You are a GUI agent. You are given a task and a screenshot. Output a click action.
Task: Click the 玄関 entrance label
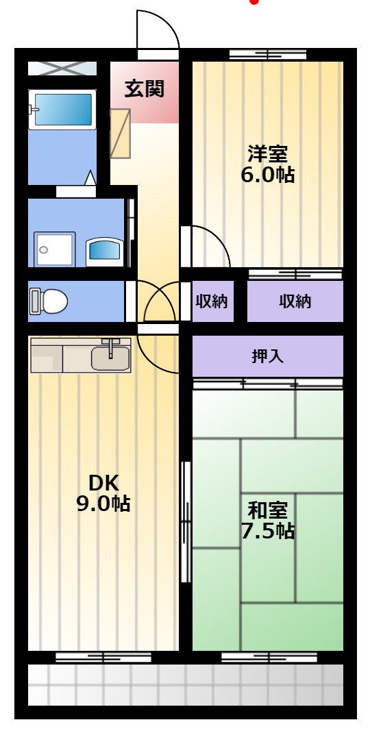click(x=144, y=89)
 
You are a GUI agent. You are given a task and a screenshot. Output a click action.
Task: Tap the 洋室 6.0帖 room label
click(x=267, y=164)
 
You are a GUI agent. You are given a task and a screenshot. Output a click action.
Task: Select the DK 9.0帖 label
click(x=103, y=493)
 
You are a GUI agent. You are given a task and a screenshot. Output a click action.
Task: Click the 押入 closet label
click(x=267, y=356)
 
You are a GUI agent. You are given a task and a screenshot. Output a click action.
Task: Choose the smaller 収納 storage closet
click(x=212, y=301)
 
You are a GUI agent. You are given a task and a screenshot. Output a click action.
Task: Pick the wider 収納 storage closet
click(x=295, y=301)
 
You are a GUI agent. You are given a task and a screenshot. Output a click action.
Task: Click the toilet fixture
click(x=49, y=301)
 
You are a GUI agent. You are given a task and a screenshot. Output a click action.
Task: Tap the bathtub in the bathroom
click(x=62, y=110)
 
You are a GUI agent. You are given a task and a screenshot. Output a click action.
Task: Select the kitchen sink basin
click(x=110, y=358)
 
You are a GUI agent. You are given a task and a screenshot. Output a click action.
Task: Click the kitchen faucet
click(x=111, y=347)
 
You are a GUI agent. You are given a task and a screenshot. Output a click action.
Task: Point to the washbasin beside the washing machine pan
click(x=105, y=251)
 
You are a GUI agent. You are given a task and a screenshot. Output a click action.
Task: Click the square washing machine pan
click(x=55, y=249)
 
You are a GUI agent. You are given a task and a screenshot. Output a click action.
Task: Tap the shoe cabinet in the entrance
click(x=120, y=134)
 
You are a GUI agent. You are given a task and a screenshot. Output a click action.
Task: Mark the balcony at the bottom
click(x=186, y=684)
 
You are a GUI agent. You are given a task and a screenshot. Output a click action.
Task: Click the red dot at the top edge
click(x=255, y=1)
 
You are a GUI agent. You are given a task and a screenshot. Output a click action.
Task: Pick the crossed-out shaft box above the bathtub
click(x=62, y=69)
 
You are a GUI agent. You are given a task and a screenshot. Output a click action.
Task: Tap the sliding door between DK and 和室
click(x=186, y=521)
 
